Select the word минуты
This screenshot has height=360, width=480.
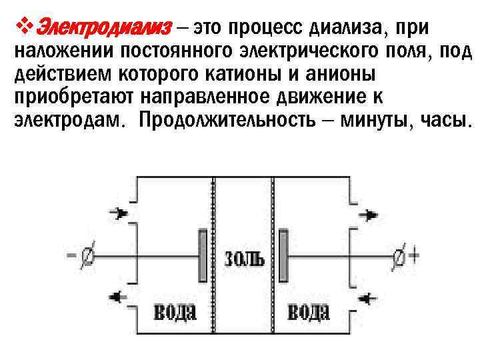[377, 121]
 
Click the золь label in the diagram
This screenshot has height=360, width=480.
[245, 258]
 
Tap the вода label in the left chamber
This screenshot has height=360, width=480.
[175, 311]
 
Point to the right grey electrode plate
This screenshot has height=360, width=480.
[285, 256]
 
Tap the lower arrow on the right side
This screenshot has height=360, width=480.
[369, 296]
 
